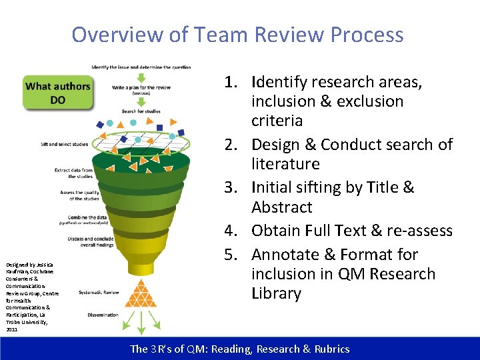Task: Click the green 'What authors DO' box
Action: [x=57, y=93]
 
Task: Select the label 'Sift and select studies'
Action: [x=64, y=143]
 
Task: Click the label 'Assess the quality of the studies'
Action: [x=81, y=195]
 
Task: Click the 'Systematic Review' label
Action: [x=99, y=292]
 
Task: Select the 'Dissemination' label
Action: [x=103, y=315]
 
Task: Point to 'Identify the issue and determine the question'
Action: [x=141, y=67]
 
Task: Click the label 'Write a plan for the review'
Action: [x=141, y=88]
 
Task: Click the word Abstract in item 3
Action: [x=282, y=207]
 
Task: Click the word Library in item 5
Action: [x=276, y=293]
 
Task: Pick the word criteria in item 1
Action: [x=277, y=121]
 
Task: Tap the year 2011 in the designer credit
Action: [x=12, y=329]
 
